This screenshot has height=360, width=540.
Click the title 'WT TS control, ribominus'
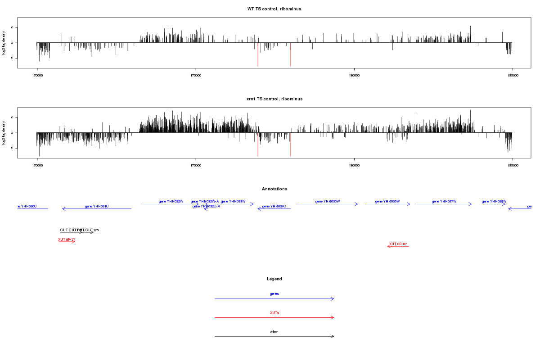(x=274, y=9)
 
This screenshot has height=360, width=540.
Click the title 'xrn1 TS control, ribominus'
(x=274, y=99)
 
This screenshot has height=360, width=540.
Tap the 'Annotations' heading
(x=274, y=189)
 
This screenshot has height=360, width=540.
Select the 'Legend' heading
(x=274, y=279)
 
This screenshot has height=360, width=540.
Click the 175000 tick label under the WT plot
(x=196, y=76)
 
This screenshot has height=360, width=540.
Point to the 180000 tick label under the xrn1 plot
(x=354, y=166)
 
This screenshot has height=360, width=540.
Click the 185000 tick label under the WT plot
(x=513, y=76)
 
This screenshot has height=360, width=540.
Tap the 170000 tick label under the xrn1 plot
(x=37, y=166)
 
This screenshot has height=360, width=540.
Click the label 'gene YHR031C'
(x=97, y=207)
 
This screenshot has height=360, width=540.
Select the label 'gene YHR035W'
(x=328, y=202)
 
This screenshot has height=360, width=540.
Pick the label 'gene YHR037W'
(x=444, y=202)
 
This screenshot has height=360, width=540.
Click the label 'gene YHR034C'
(x=274, y=207)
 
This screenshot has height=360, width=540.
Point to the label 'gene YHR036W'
(x=387, y=202)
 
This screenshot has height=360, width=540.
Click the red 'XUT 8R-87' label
(x=398, y=244)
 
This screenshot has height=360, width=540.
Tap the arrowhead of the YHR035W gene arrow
(x=357, y=204)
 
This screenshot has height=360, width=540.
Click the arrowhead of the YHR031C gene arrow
(x=63, y=209)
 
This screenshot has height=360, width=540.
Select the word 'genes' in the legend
(x=274, y=294)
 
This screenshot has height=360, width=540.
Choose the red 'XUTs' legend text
(x=274, y=313)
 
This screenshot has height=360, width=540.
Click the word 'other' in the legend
(x=274, y=332)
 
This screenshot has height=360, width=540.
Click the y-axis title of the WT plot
(x=4, y=43)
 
